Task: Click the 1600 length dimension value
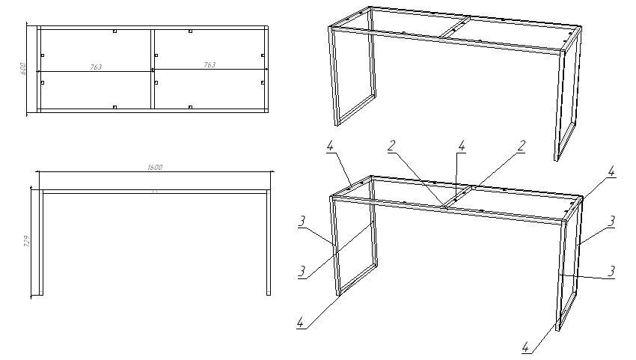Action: tap(155, 167)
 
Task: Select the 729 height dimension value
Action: tap(27, 242)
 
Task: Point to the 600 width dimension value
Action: tap(23, 69)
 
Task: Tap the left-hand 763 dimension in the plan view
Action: tap(96, 67)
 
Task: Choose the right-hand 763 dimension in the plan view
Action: tap(210, 64)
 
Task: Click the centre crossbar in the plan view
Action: tap(153, 69)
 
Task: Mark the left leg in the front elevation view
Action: tap(41, 242)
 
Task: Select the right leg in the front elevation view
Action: tap(269, 242)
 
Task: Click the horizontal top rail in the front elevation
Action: tap(155, 192)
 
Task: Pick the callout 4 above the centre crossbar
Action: tap(461, 146)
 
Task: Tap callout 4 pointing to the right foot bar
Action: tap(526, 347)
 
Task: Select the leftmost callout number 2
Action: tap(391, 146)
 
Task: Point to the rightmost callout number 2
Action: tap(522, 146)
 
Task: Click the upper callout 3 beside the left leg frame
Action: tap(302, 222)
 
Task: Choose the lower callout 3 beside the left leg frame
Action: tap(302, 271)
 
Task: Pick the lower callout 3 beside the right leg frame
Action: tap(611, 271)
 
